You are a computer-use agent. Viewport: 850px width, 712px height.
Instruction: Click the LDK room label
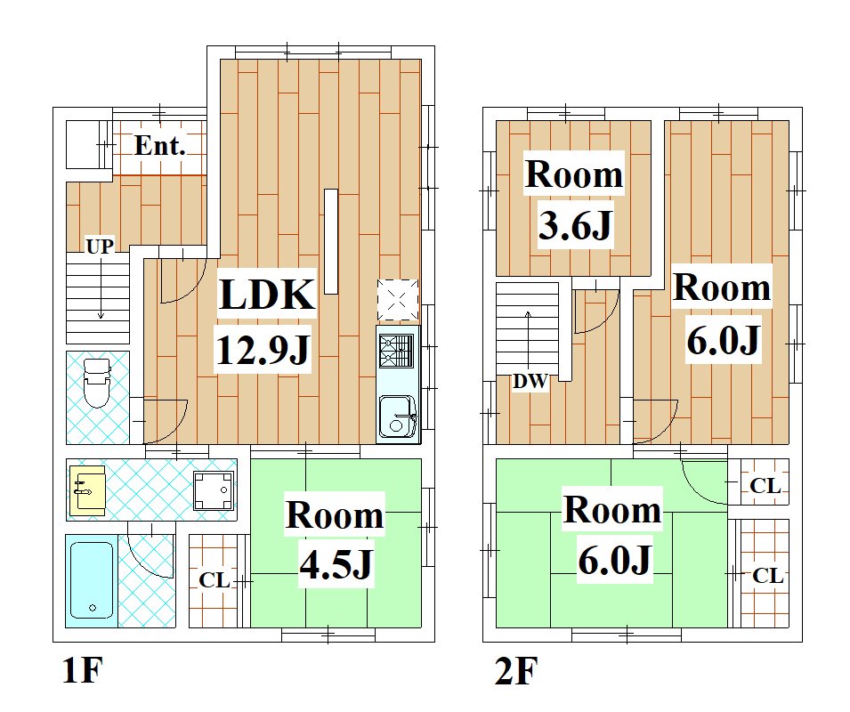point(267,295)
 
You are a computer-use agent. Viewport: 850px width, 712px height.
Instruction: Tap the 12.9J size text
point(263,350)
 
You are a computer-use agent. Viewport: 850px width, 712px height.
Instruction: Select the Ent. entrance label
point(160,145)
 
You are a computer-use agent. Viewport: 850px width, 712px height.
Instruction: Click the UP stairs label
point(100,247)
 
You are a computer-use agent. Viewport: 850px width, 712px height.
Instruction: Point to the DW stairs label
point(530,382)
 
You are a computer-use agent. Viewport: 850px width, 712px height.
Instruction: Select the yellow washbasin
point(87,490)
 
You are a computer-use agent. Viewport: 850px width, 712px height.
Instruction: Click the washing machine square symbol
point(215,491)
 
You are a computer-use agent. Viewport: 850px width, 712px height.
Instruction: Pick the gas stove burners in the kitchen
point(397,352)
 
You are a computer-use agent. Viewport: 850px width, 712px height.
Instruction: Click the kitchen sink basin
point(397,417)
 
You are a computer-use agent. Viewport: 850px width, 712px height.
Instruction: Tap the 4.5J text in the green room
point(336,564)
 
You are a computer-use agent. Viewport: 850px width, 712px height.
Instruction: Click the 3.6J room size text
point(575,224)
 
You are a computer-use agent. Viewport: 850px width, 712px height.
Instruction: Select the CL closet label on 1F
point(215,580)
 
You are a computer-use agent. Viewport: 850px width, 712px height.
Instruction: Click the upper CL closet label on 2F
point(765,486)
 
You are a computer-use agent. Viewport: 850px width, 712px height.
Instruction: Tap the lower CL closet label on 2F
point(767,576)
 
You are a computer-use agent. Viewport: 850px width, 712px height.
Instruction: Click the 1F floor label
point(83,670)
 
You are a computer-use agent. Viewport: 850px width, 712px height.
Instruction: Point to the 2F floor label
point(515,671)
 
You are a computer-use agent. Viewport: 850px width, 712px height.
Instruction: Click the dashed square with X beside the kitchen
point(397,300)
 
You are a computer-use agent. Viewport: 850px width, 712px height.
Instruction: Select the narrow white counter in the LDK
point(331,241)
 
